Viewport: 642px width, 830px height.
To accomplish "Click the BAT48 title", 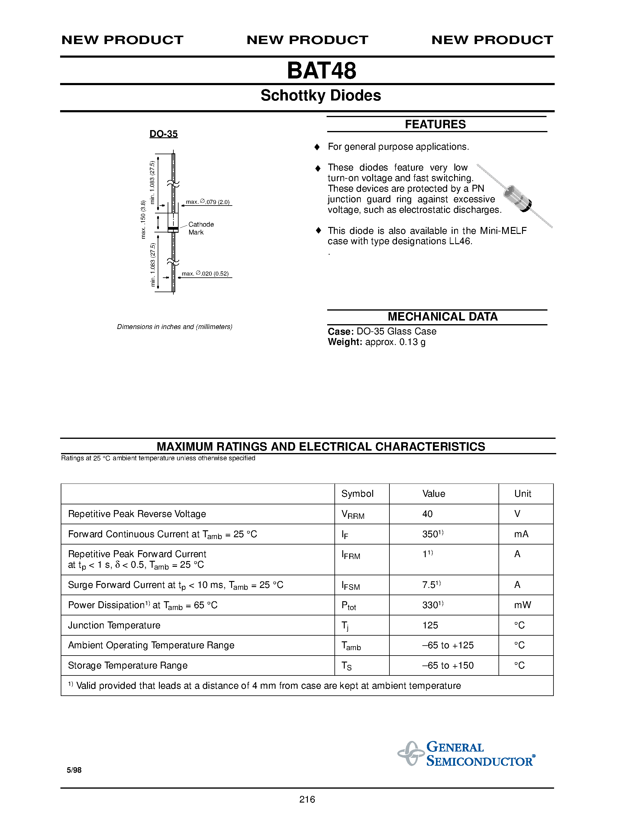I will [321, 71].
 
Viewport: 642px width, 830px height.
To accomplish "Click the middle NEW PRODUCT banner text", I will [307, 40].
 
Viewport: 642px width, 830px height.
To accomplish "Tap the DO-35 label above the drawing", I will [163, 134].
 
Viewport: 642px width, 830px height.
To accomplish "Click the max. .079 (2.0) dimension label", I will [208, 202].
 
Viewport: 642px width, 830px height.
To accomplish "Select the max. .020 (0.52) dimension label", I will [205, 274].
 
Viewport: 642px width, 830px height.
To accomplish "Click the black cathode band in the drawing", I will [173, 229].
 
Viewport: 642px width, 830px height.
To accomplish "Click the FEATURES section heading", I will [435, 124].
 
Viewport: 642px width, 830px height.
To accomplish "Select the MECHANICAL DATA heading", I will [442, 317].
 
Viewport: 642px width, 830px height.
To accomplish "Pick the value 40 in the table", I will [427, 514].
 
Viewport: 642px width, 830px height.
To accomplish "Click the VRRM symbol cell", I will [353, 515].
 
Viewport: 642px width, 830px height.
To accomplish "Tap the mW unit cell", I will [523, 605].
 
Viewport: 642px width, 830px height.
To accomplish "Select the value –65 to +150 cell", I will [448, 666].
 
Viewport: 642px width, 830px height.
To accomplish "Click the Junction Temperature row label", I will [114, 625].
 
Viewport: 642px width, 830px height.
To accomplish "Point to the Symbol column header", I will [357, 494].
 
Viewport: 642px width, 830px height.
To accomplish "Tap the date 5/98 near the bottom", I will [74, 770].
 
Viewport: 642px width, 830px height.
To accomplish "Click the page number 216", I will [307, 800].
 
